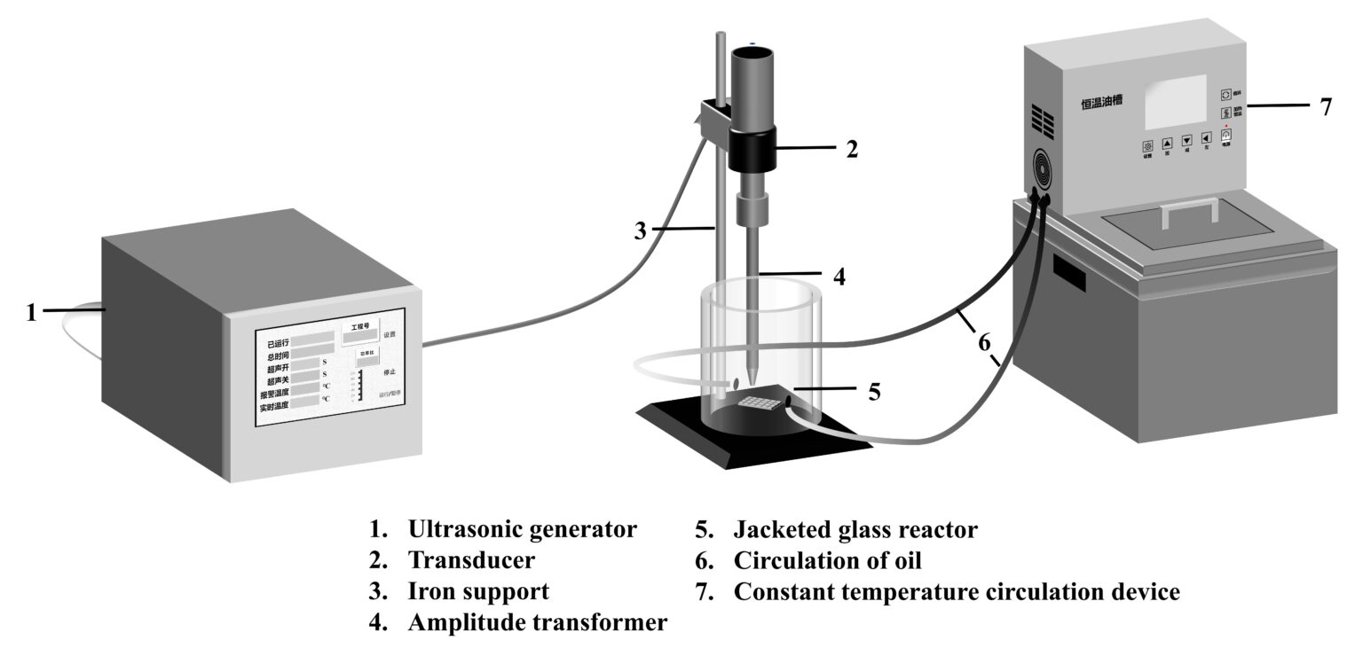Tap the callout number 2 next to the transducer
pyautogui.click(x=851, y=149)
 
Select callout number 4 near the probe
pyautogui.click(x=838, y=276)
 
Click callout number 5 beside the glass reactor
pyautogui.click(x=874, y=391)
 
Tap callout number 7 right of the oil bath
pyautogui.click(x=1325, y=106)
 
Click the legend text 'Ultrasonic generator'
pyautogui.click(x=522, y=530)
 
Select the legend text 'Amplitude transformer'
pyautogui.click(x=537, y=622)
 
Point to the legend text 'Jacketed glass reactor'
pyautogui.click(x=855, y=530)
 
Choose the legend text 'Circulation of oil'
pyautogui.click(x=827, y=560)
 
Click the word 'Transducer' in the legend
pyautogui.click(x=471, y=560)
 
